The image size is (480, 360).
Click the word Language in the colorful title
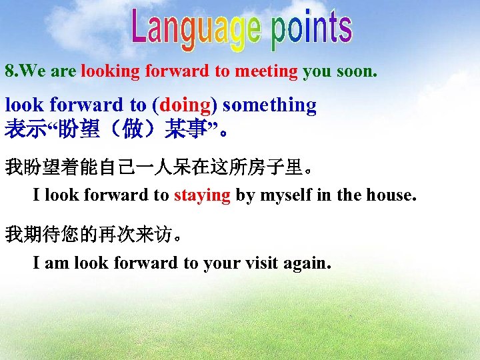coord(196,30)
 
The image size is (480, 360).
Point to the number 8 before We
coord(9,71)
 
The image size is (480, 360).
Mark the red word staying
coord(202,195)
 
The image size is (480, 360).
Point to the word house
coord(389,195)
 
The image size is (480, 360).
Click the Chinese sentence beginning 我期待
coord(94,235)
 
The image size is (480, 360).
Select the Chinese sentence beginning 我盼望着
coord(157,167)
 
